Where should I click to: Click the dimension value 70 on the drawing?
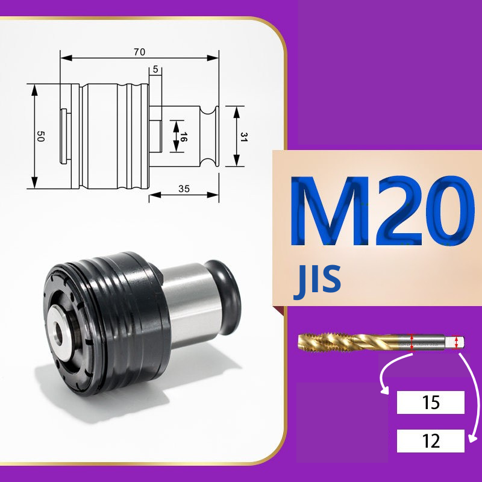pos(139,52)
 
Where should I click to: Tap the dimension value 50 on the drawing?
pos(40,136)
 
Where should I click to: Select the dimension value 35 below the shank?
pos(184,189)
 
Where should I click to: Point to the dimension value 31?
pos(244,137)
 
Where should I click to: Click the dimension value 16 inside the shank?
pos(183,137)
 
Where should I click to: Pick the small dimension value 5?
pos(155,69)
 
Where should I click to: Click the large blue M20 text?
pos(382,211)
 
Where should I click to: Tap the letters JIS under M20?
pos(317,280)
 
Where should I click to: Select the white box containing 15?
pos(430,402)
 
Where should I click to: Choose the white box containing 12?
pos(430,441)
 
